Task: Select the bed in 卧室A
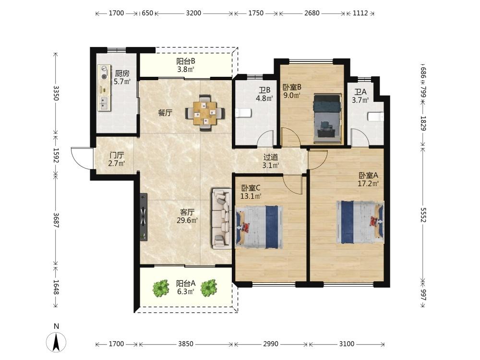coord(360,222)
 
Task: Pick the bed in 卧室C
coord(259,227)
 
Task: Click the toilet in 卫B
coord(243,113)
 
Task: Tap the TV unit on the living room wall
coord(144,217)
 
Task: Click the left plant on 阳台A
coord(161,288)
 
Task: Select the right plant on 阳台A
coord(209,288)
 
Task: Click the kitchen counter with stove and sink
coord(104,87)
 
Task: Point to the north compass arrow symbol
coord(56,342)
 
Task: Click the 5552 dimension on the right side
coord(423,215)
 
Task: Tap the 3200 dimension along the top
coord(193,13)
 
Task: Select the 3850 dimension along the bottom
coord(185,344)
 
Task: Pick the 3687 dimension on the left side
coord(56,220)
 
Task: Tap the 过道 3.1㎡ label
coord(271,161)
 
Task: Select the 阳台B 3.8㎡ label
coord(186,65)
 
